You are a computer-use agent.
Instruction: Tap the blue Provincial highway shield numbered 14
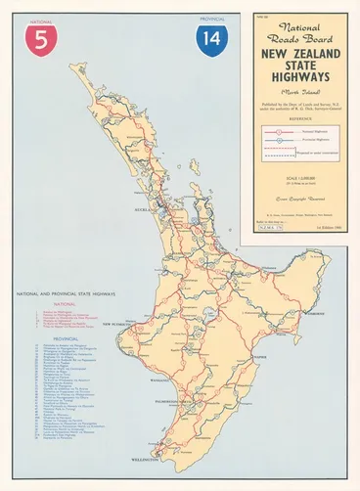point(210,40)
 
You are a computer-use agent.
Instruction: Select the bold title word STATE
point(297,70)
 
